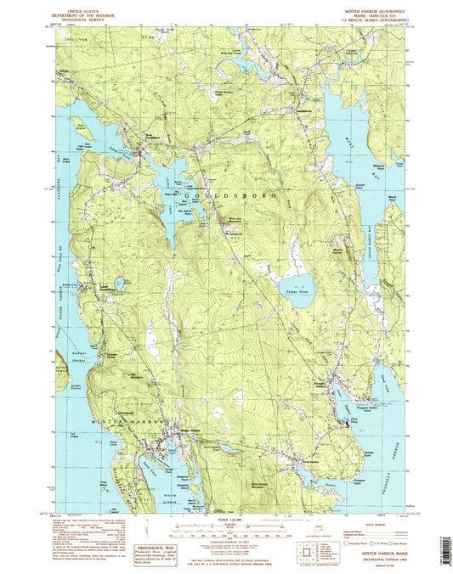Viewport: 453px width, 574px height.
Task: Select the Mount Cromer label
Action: pyautogui.click(x=339, y=252)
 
